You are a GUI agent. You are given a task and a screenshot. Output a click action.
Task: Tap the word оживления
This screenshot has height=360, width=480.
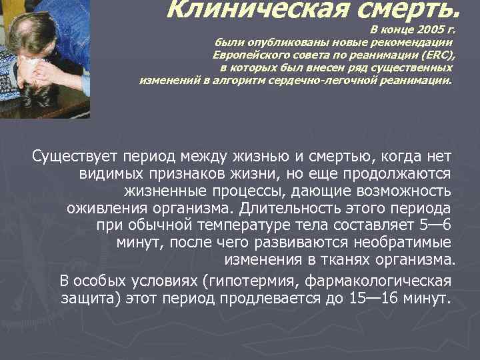coord(102,209)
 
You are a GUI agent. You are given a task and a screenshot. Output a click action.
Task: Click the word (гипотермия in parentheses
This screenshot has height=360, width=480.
coord(223,279)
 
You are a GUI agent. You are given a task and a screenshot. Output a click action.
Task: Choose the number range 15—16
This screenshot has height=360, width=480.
coord(373,297)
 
